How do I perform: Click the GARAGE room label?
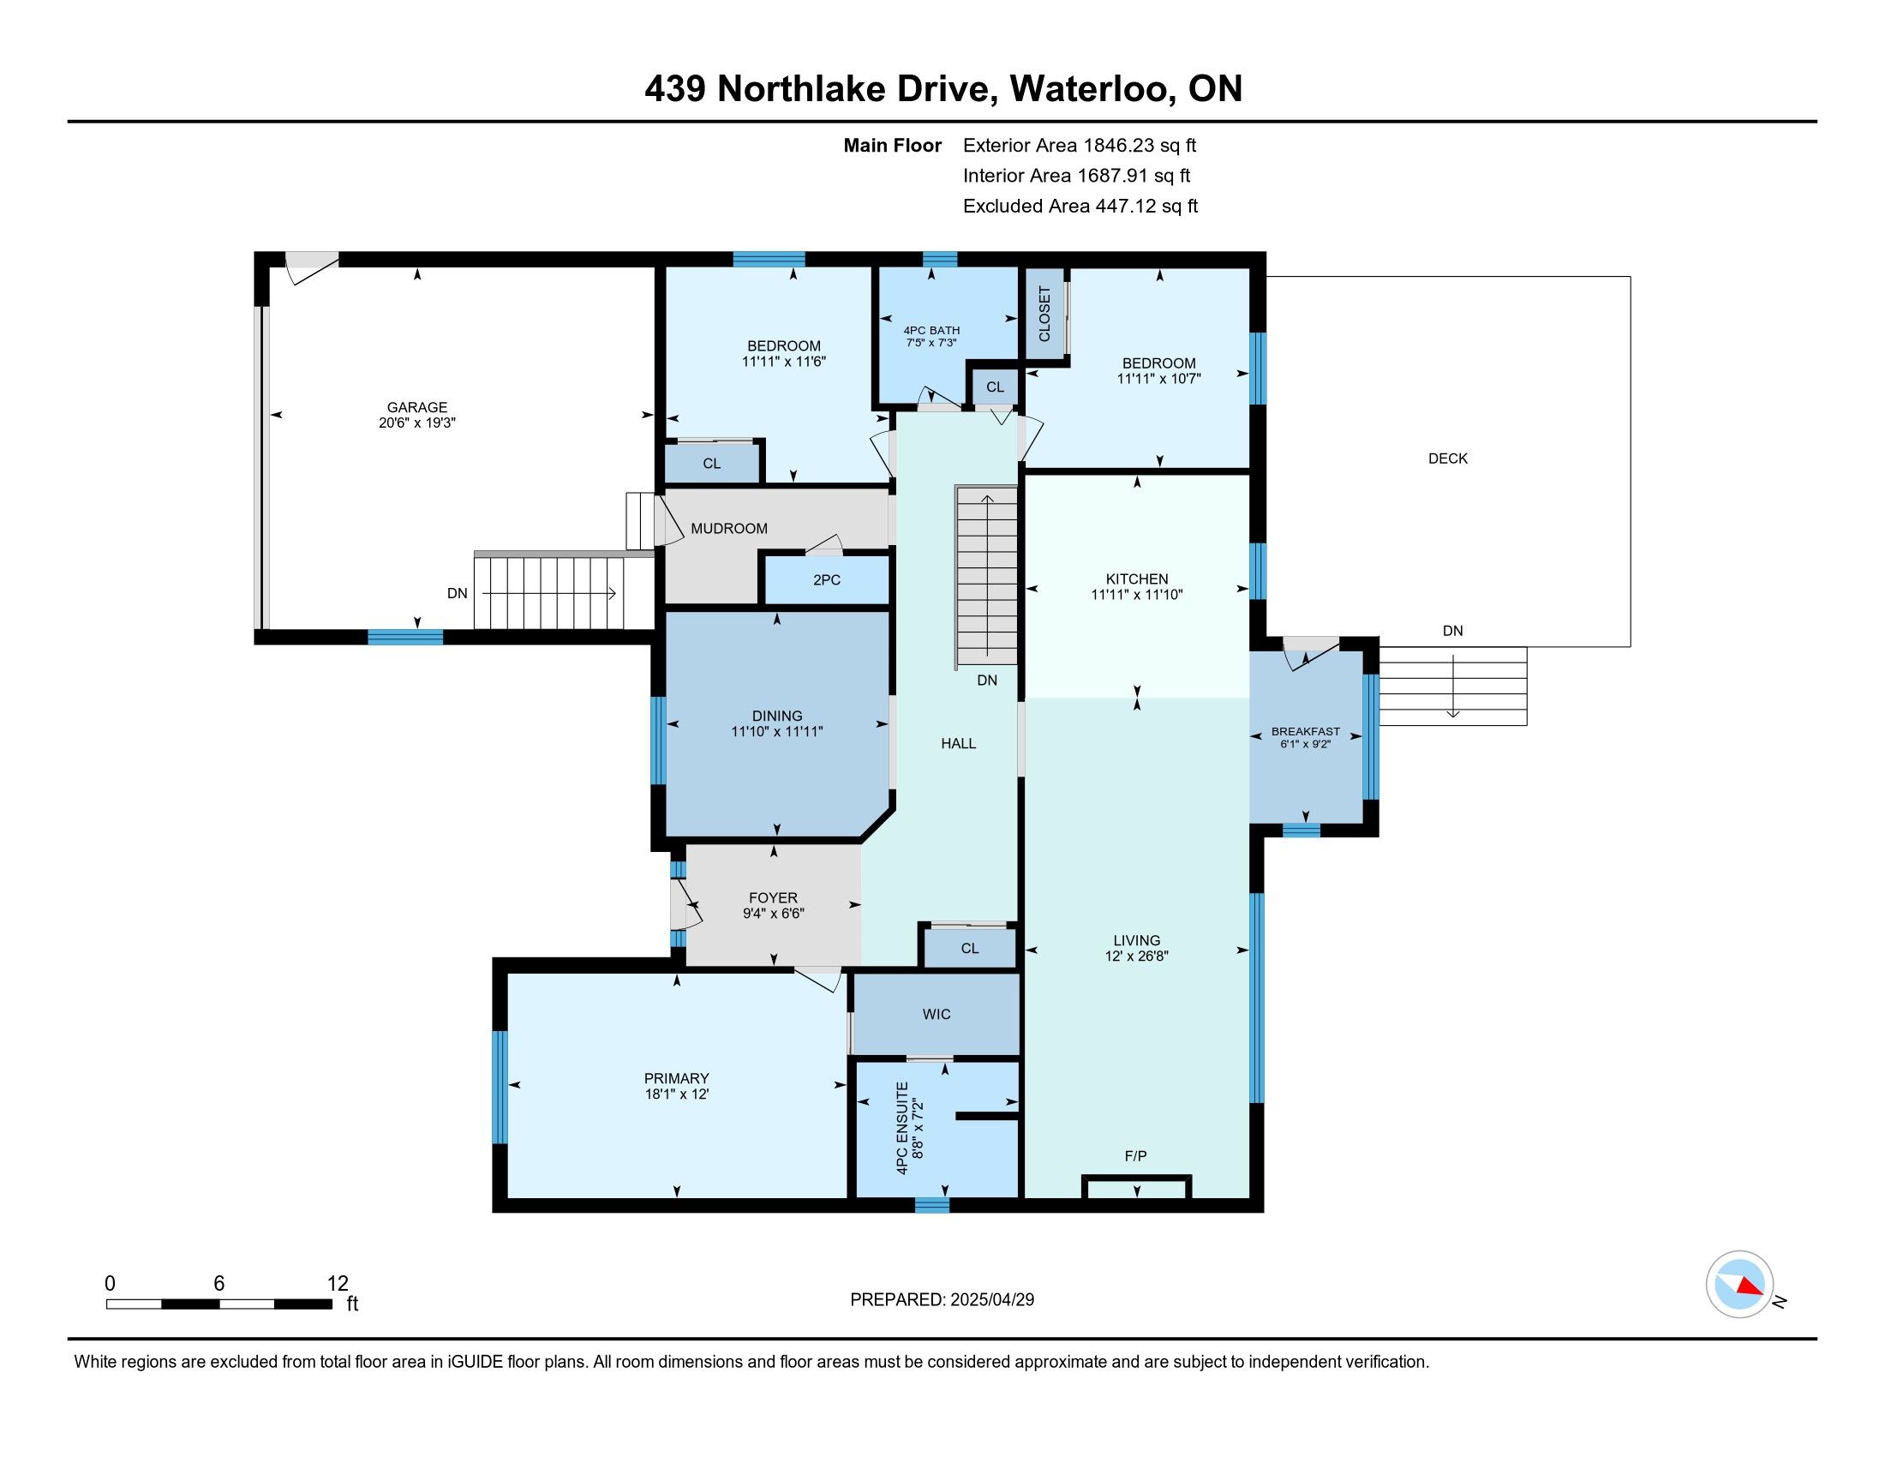(x=417, y=407)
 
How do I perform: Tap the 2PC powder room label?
(x=826, y=580)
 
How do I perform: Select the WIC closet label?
(x=937, y=1014)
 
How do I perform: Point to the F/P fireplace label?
(x=1136, y=1156)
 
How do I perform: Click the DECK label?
(x=1447, y=459)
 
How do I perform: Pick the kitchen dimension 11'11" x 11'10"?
(x=1137, y=595)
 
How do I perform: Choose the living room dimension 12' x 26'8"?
(x=1137, y=956)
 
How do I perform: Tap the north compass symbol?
(x=1740, y=1285)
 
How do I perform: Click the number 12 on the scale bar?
(x=338, y=1284)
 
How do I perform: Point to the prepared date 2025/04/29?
(x=991, y=1300)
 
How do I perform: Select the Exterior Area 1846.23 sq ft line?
(x=1080, y=146)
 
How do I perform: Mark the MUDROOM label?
(x=729, y=528)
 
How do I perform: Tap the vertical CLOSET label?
(x=1044, y=314)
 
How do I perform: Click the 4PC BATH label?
(x=931, y=331)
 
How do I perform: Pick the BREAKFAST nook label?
(x=1306, y=732)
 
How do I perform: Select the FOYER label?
(x=774, y=898)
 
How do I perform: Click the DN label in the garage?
(x=458, y=594)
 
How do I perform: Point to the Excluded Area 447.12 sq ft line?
(x=1080, y=207)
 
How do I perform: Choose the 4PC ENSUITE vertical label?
(x=902, y=1128)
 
